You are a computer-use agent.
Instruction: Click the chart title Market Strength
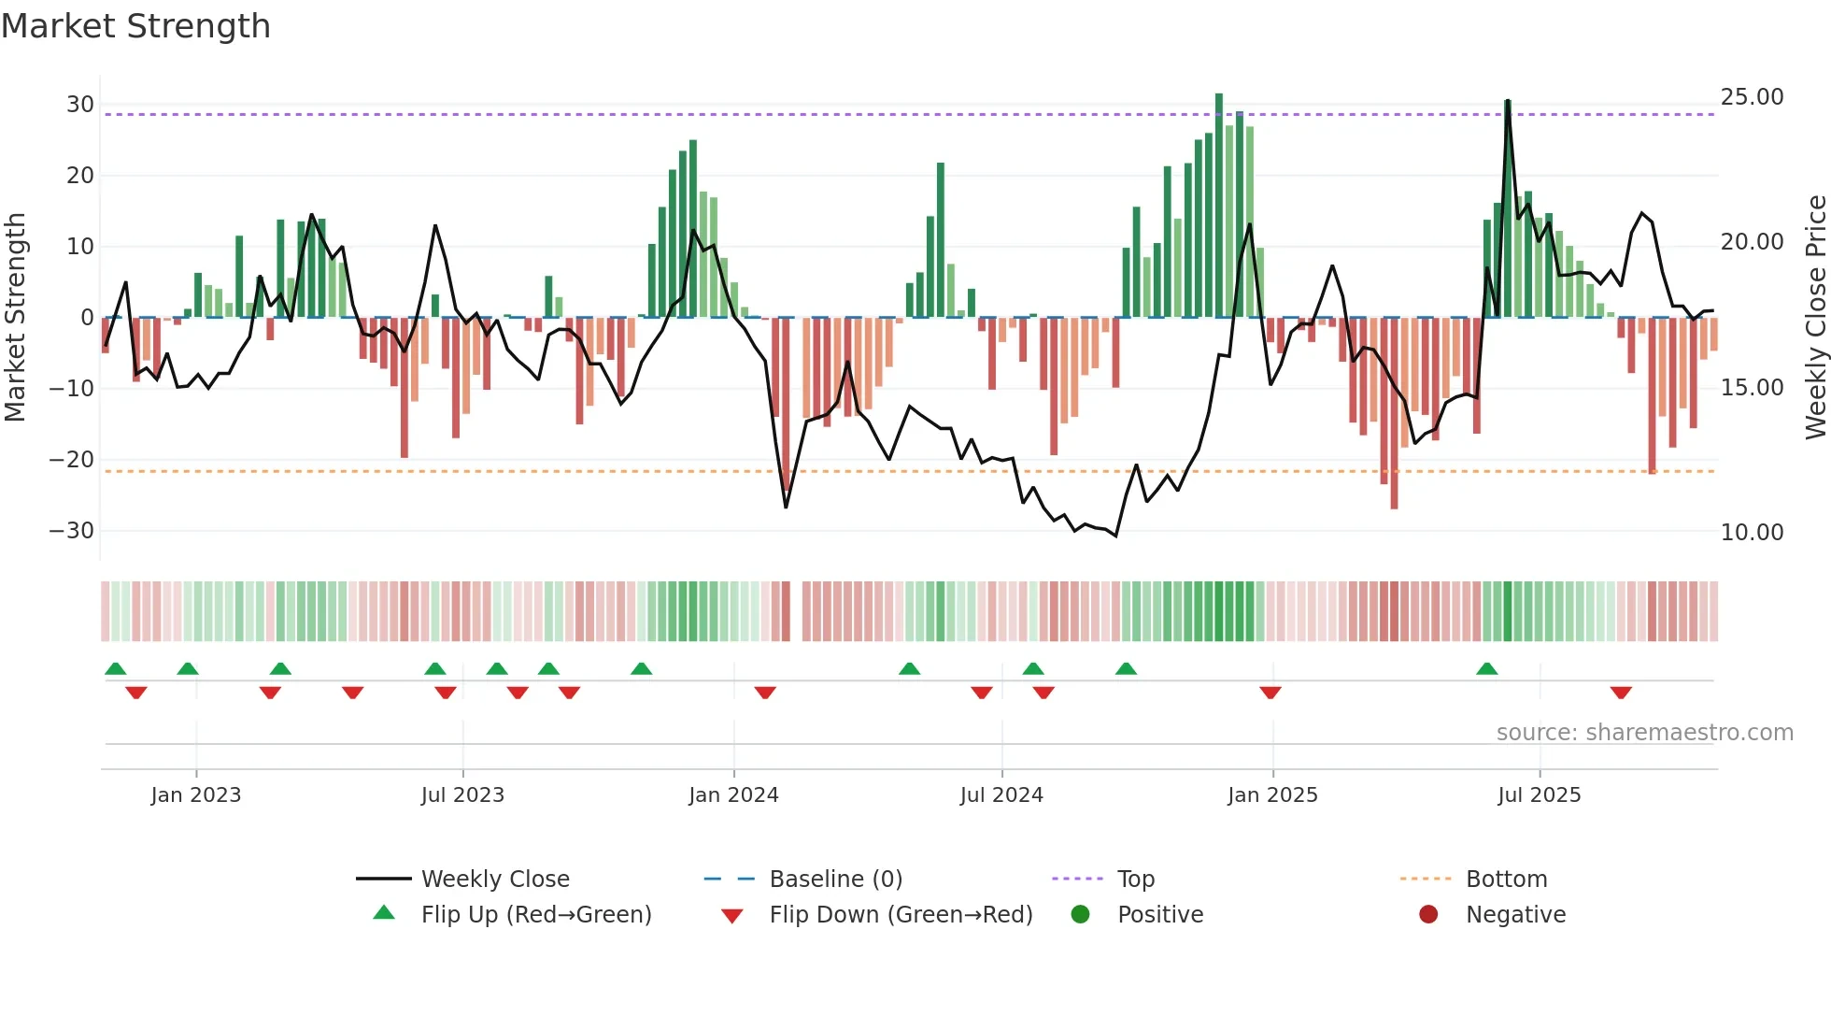click(135, 26)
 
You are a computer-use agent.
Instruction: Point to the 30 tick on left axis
click(80, 105)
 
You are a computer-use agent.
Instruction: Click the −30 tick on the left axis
click(73, 531)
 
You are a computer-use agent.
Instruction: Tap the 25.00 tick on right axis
click(1752, 97)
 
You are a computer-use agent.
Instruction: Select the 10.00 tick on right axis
click(1752, 533)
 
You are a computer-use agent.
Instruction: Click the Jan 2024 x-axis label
click(733, 795)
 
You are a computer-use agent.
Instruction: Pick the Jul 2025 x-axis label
click(1539, 795)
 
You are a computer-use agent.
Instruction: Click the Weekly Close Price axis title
click(1815, 318)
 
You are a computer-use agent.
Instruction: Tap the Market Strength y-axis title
click(15, 318)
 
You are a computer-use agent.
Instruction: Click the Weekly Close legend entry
click(494, 880)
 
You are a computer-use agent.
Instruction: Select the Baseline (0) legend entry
click(835, 880)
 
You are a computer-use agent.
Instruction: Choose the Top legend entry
click(1136, 880)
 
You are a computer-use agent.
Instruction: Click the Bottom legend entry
click(1506, 880)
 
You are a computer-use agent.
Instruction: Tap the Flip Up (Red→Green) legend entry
click(535, 915)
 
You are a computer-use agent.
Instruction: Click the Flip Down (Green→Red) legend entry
click(901, 915)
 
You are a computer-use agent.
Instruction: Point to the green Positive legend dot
click(1080, 915)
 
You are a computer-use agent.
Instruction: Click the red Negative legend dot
click(1428, 915)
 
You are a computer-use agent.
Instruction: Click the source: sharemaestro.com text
click(1644, 733)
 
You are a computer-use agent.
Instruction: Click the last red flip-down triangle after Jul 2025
click(1621, 693)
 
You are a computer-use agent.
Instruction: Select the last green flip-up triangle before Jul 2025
click(1487, 669)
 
